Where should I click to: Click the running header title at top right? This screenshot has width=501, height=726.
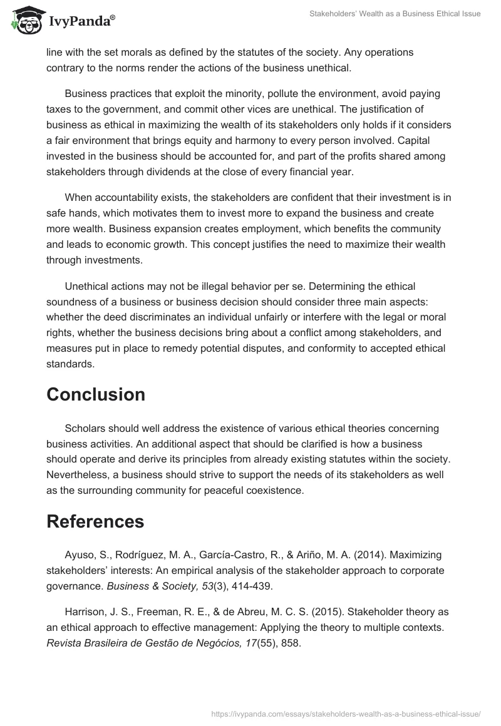pos(395,14)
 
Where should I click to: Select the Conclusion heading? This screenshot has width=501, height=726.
pos(96,395)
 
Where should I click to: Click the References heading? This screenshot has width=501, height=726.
pos(95,521)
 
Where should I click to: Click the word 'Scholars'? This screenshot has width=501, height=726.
pos(85,428)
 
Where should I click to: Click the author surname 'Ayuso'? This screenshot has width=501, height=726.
pos(80,555)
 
